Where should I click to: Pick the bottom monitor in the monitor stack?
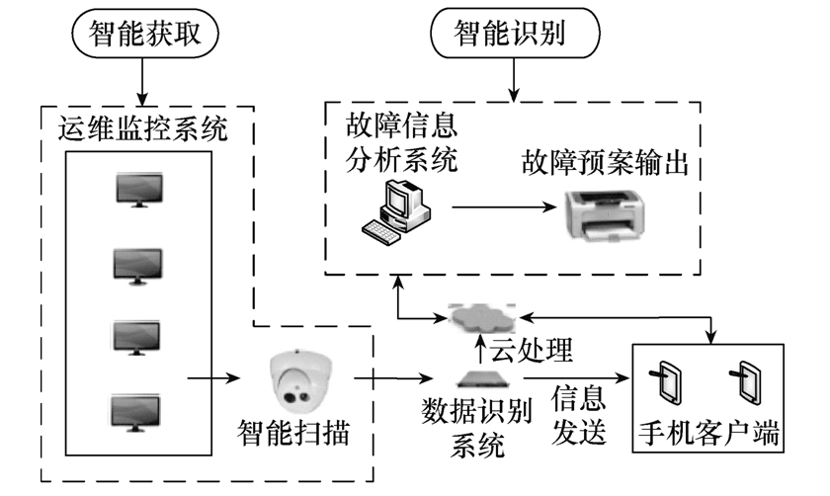click(x=138, y=411)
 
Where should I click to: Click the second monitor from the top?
click(x=138, y=264)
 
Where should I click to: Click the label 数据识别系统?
click(x=479, y=423)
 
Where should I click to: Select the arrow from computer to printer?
click(x=499, y=208)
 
